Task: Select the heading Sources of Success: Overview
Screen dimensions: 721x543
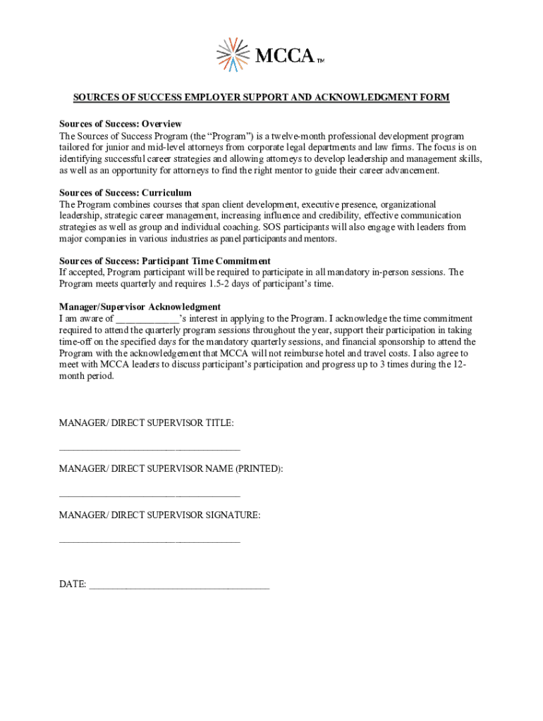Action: pos(121,124)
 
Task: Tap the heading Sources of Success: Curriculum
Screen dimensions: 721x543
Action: pos(125,192)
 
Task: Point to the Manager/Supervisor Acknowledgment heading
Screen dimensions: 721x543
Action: pos(140,307)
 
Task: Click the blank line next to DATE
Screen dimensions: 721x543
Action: pos(179,586)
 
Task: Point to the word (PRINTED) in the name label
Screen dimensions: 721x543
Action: pos(258,469)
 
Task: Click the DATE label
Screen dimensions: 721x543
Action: pos(73,584)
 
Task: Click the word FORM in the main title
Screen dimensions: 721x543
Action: pos(434,97)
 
